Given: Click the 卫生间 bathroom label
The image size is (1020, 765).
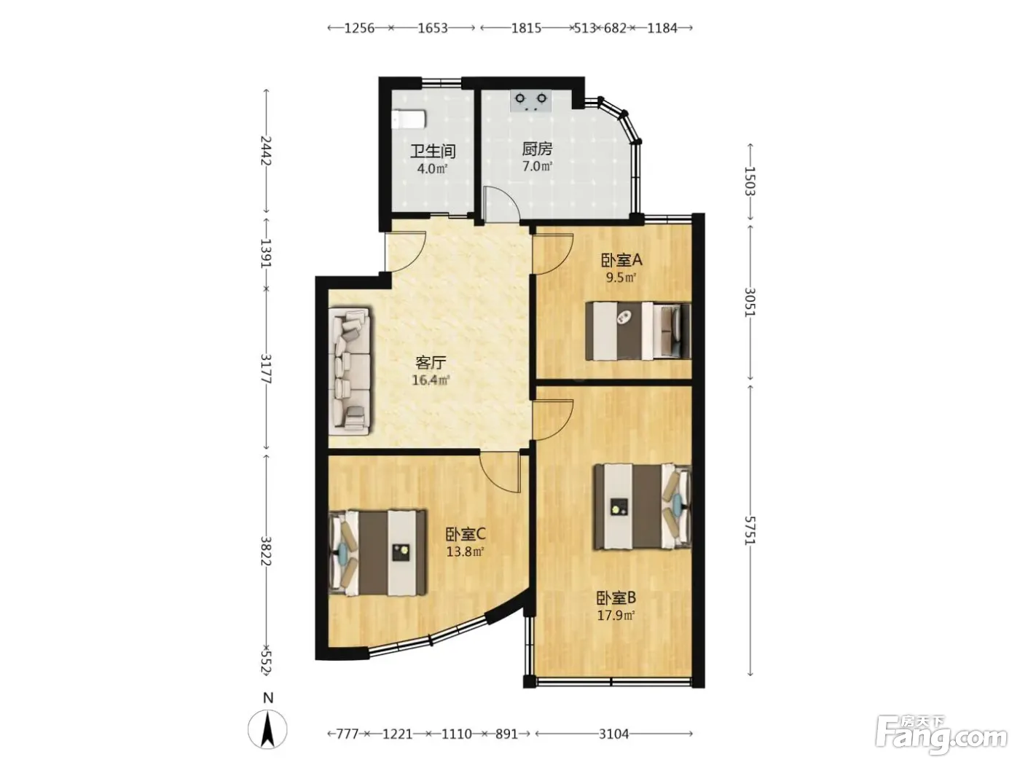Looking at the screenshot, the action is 432,151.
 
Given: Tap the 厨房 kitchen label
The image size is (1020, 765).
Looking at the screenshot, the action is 537,149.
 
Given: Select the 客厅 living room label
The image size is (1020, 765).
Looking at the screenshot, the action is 431,362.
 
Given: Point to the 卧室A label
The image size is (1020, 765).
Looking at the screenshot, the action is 621,260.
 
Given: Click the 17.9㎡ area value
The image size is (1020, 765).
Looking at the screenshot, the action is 616,616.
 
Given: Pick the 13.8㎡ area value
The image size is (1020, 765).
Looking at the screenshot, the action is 465,552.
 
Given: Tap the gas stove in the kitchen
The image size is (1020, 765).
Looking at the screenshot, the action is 530,101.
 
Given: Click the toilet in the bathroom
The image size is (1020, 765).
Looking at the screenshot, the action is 409,119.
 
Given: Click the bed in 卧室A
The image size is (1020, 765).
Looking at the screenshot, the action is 637,331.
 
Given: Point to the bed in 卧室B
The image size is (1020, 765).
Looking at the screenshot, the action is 642,506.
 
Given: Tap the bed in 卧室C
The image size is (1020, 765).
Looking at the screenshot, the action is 377,553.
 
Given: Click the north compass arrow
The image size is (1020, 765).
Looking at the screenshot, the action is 267,730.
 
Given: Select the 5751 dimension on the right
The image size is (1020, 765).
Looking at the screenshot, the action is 750,530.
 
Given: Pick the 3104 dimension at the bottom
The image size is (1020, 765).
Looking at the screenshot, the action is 613,734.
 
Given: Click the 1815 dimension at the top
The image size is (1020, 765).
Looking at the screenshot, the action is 526,28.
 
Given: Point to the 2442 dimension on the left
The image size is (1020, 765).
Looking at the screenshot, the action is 266,151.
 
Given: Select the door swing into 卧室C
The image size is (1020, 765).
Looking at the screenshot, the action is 499,473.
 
